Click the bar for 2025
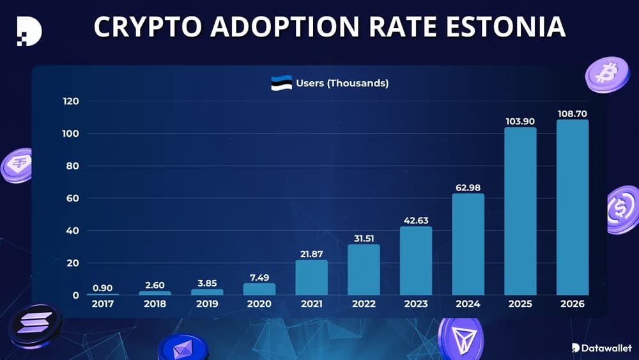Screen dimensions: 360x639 pyautogui.click(x=520, y=211)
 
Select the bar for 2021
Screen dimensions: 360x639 pyautogui.click(x=311, y=278)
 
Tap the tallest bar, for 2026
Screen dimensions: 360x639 pyautogui.click(x=573, y=207)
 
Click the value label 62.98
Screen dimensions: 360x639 pyautogui.click(x=468, y=186)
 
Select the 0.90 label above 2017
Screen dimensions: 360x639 pyautogui.click(x=103, y=287)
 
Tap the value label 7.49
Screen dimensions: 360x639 pyautogui.click(x=259, y=276)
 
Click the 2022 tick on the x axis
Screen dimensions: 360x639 pyautogui.click(x=364, y=304)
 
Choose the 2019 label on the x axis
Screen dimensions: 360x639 pyautogui.click(x=207, y=304)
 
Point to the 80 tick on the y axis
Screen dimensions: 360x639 pyautogui.click(x=71, y=166)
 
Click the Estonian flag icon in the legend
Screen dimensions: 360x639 pyautogui.click(x=281, y=83)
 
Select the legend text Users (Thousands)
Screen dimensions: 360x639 pyautogui.click(x=342, y=83)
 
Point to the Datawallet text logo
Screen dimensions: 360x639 pyautogui.click(x=601, y=348)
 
